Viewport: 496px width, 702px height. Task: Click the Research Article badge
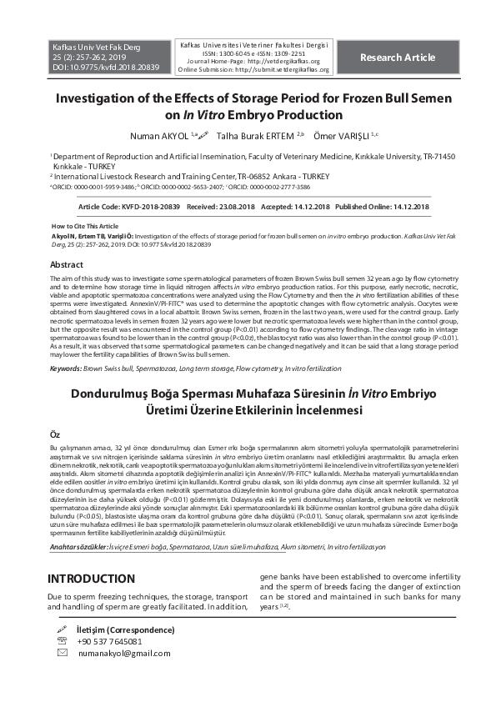tap(397, 58)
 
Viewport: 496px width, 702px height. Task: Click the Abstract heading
tap(67, 264)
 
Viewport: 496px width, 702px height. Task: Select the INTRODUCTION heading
tap(91, 579)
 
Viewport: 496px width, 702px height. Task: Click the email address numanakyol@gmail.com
tap(123, 654)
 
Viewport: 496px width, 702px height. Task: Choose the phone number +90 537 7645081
tap(108, 641)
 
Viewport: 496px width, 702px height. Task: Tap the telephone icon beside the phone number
tap(61, 641)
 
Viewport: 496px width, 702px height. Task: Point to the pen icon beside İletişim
tap(61, 629)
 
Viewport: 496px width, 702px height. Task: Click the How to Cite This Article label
tap(85, 226)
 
